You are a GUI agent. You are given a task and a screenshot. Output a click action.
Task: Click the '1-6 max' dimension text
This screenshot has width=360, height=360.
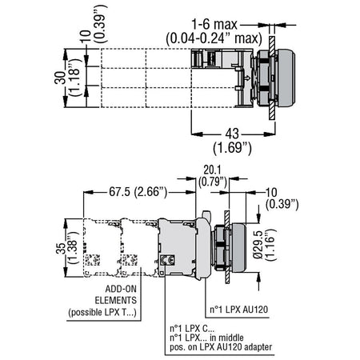click(214, 25)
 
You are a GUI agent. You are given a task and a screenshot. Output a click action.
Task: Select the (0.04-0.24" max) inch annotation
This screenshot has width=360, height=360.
click(214, 38)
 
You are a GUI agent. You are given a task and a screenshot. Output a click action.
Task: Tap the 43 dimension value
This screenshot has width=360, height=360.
click(232, 134)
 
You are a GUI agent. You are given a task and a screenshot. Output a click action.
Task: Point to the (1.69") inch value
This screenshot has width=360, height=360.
click(232, 148)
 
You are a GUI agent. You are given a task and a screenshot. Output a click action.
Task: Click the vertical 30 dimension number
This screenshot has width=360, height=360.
click(60, 78)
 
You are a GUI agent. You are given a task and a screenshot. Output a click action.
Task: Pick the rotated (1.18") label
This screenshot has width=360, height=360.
click(74, 78)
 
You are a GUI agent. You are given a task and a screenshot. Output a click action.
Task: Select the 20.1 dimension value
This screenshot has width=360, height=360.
click(212, 170)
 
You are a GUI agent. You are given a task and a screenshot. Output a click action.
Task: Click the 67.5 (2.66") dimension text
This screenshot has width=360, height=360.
click(138, 192)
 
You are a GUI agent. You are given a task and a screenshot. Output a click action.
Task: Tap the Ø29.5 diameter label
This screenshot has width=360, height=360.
click(258, 245)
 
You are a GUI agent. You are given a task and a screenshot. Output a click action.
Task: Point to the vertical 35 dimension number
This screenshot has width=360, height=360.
click(61, 248)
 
